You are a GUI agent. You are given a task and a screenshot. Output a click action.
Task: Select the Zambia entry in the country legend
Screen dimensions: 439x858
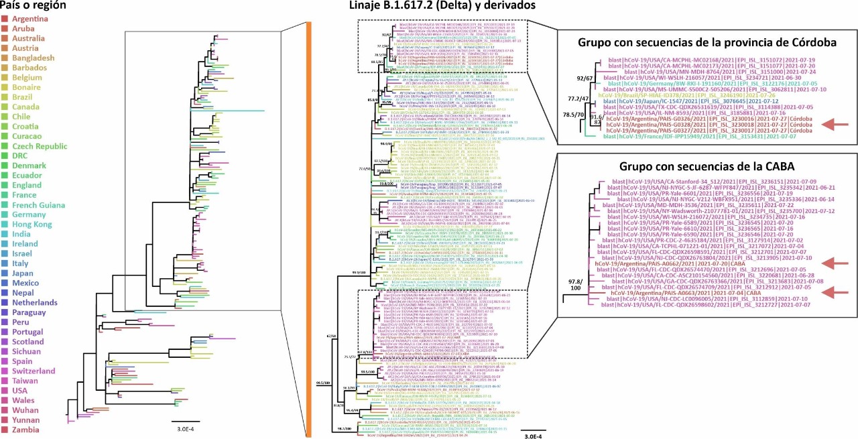click(x=25, y=430)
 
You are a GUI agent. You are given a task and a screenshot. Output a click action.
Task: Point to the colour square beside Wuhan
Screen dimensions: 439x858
click(x=5, y=404)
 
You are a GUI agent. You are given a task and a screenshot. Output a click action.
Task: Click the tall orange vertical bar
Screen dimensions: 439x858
click(x=308, y=228)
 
